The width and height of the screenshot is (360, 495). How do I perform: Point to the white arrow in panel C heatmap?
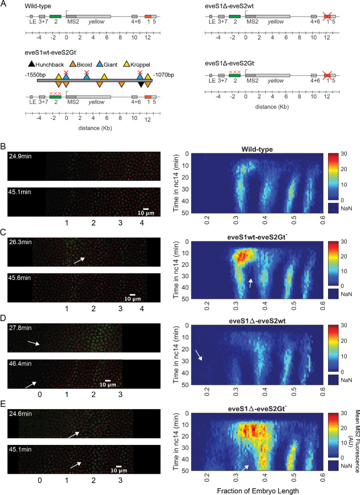point(251,282)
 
